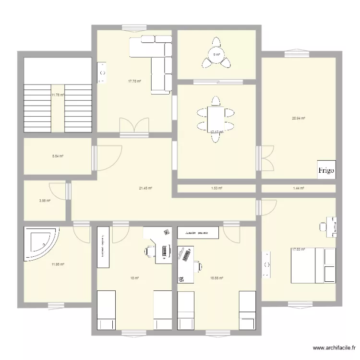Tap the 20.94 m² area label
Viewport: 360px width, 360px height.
click(x=299, y=118)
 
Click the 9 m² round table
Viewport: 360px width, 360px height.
click(x=217, y=54)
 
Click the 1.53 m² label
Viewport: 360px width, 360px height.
click(x=217, y=188)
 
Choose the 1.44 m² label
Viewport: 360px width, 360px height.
click(x=299, y=188)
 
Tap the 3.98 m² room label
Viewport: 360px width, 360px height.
click(x=45, y=201)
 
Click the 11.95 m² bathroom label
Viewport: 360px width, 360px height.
click(x=58, y=264)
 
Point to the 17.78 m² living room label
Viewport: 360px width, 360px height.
click(x=134, y=81)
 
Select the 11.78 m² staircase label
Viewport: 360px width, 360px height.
click(x=58, y=95)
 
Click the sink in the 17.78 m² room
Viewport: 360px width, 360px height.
click(x=102, y=73)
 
